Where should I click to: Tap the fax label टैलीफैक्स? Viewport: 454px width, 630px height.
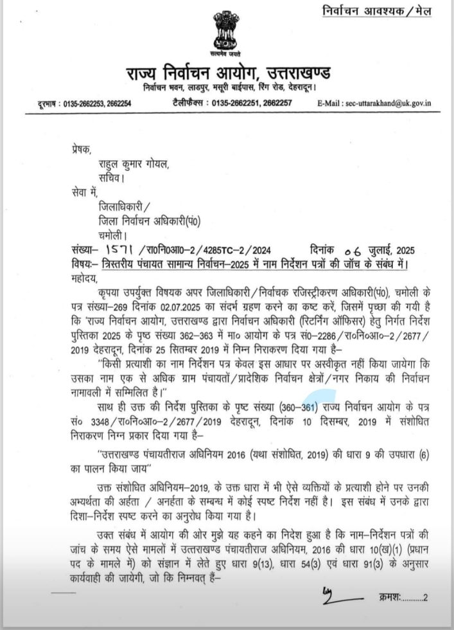188,103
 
